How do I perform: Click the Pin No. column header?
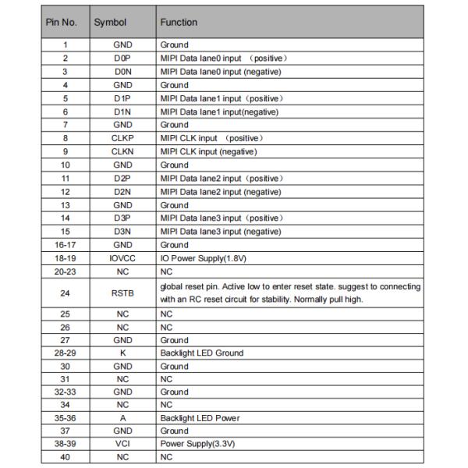[66, 23]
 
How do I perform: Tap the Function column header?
[179, 23]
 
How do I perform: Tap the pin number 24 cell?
[66, 292]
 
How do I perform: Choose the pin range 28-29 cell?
[66, 353]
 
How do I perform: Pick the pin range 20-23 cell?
[66, 271]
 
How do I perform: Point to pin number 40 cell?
[66, 457]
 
